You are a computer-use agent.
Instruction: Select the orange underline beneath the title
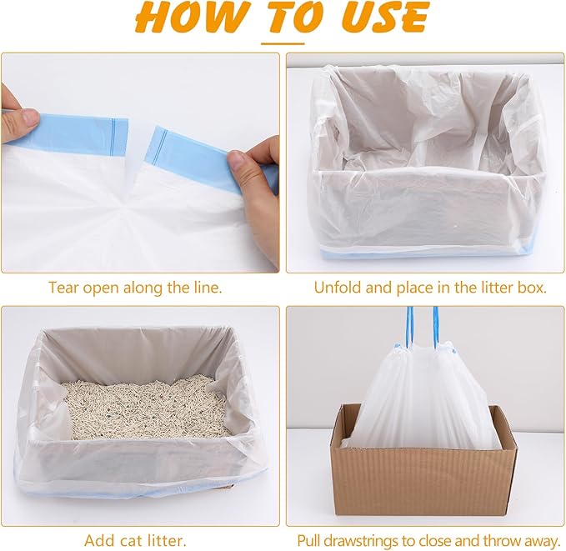(283, 42)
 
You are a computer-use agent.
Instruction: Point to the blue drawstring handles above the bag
(421, 325)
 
